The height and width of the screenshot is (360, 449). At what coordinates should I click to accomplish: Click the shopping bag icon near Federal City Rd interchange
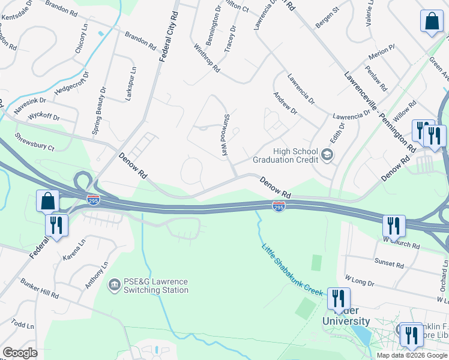tap(47, 201)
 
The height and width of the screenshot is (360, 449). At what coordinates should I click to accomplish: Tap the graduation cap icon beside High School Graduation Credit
tap(327, 155)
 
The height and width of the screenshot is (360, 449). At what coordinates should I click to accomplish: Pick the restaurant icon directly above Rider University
tap(339, 298)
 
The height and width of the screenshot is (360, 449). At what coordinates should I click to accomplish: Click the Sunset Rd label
tap(389, 263)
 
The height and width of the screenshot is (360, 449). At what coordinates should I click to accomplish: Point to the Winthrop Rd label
tap(206, 58)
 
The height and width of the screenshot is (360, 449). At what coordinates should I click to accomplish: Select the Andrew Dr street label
tap(285, 103)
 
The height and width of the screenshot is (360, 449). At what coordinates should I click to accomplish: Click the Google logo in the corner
tap(20, 353)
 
